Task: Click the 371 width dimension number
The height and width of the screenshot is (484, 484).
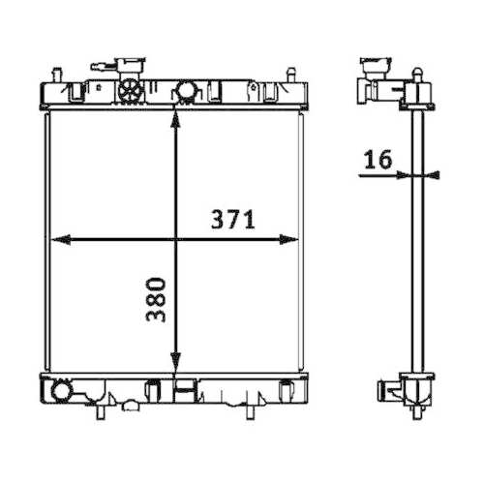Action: [233, 221]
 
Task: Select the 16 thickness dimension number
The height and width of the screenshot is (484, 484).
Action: [378, 160]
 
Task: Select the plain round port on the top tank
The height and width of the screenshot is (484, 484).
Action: [185, 92]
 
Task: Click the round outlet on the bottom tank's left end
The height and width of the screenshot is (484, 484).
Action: [62, 393]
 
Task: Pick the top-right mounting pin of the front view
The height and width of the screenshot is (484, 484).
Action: [289, 74]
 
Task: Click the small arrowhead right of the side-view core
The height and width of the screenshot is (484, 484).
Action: [433, 175]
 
